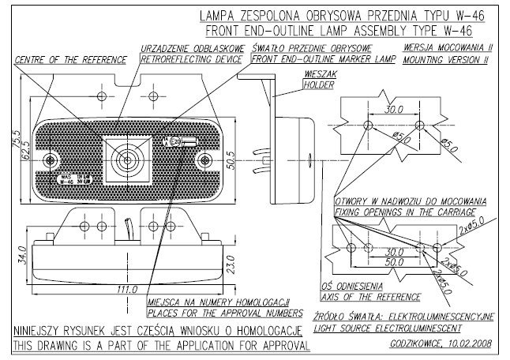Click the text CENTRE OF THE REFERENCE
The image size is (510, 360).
71,59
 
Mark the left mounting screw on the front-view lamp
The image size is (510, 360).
51,160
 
